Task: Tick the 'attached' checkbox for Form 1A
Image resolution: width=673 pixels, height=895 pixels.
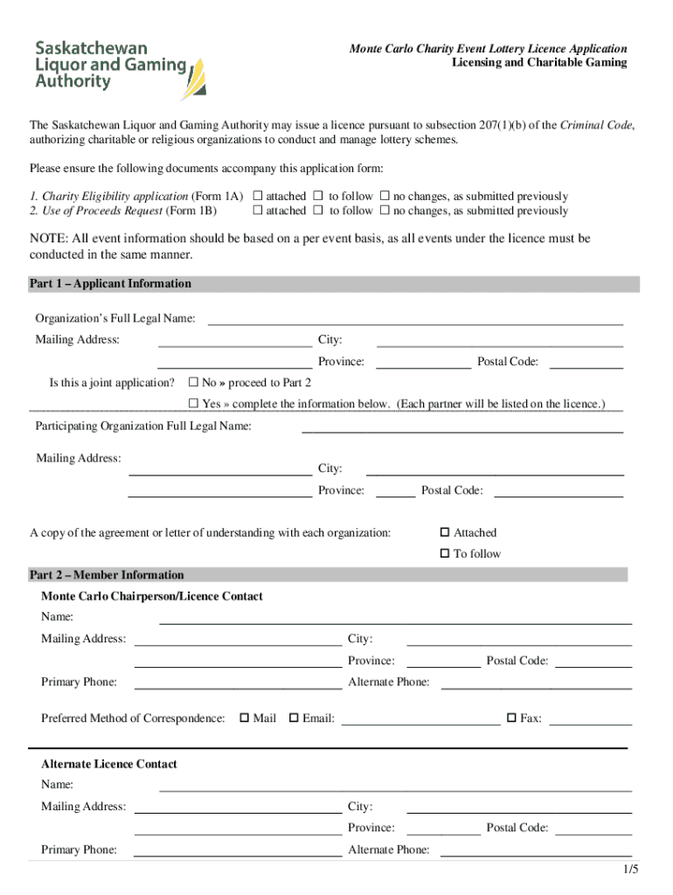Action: tap(258, 197)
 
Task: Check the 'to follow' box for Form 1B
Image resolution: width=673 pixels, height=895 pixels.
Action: tap(319, 211)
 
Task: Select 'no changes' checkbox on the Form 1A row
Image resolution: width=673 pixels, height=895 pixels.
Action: tap(385, 197)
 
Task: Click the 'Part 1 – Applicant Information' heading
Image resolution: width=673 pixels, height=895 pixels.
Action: tap(110, 284)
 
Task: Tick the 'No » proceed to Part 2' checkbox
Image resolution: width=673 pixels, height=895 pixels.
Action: tap(194, 383)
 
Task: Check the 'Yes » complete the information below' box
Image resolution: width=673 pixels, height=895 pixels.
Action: tap(194, 404)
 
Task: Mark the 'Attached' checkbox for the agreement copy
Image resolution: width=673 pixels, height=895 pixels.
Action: tap(445, 532)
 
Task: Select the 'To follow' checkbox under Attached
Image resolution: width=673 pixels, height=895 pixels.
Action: tap(445, 553)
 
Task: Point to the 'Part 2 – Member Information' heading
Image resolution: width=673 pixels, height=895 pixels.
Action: tap(107, 575)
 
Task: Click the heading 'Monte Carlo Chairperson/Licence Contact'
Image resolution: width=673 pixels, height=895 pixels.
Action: tap(152, 596)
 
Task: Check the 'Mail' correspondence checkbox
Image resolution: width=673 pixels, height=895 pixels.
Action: tap(245, 718)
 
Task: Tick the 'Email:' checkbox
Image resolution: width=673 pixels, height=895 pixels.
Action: tap(295, 718)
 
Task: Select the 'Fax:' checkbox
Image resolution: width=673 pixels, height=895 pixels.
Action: tap(512, 718)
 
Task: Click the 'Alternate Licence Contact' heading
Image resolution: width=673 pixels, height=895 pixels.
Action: tap(109, 764)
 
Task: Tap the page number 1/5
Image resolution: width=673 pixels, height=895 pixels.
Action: tap(631, 870)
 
